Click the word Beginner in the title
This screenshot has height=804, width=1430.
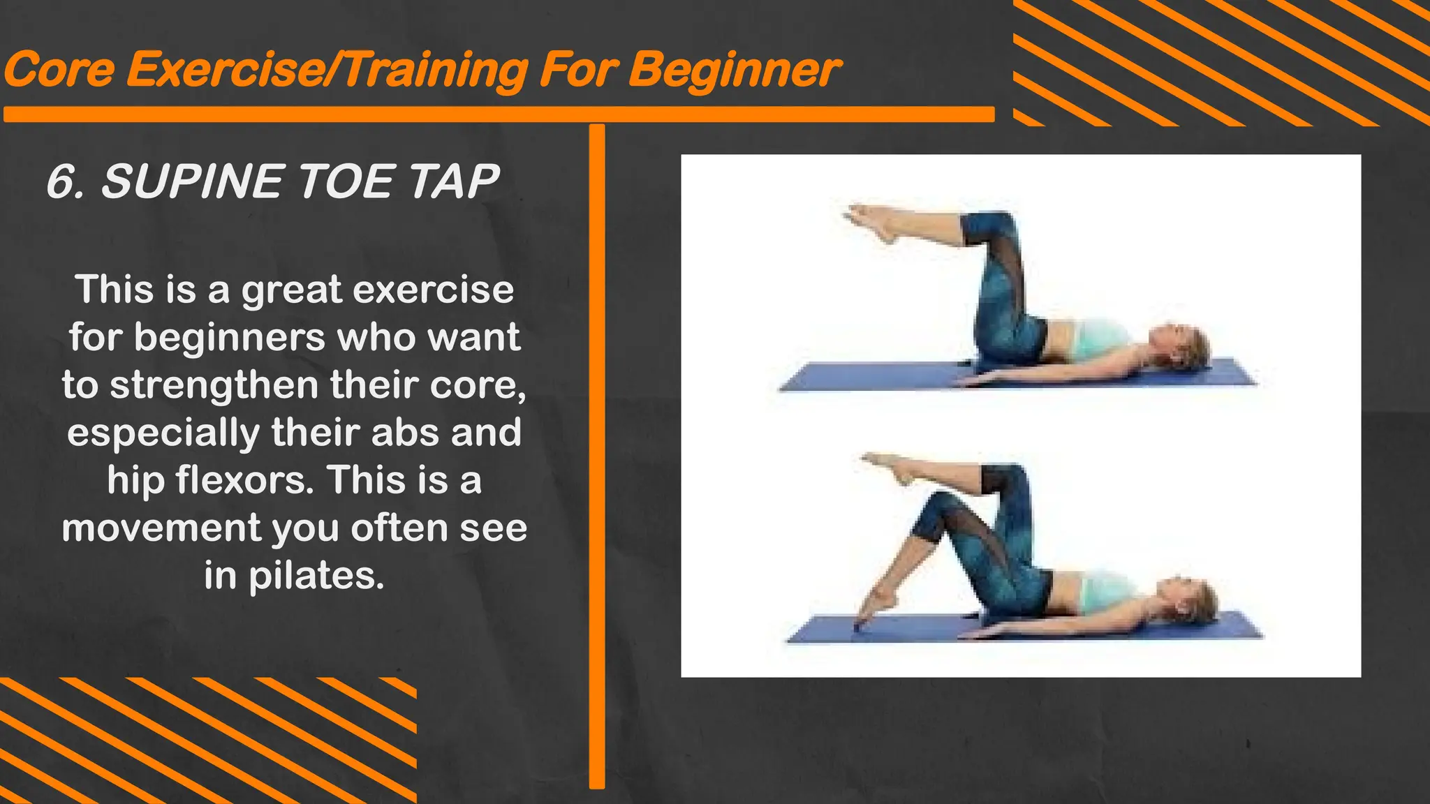click(733, 71)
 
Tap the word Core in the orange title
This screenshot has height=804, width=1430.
click(59, 71)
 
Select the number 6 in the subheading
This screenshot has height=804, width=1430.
click(61, 182)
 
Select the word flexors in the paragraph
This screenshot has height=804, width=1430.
click(239, 481)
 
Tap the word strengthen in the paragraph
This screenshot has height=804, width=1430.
click(214, 385)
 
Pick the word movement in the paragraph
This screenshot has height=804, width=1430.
click(161, 528)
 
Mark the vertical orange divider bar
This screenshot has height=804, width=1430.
click(597, 454)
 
